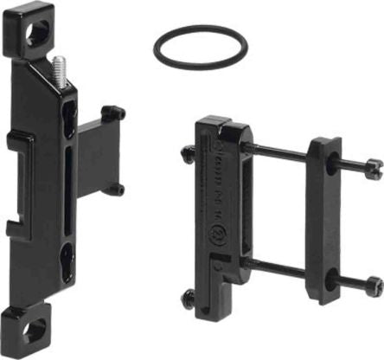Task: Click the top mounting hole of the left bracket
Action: tap(36, 33)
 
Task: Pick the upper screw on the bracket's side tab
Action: tap(113, 112)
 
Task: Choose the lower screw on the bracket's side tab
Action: tap(115, 189)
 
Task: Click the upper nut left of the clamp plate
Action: tap(189, 154)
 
